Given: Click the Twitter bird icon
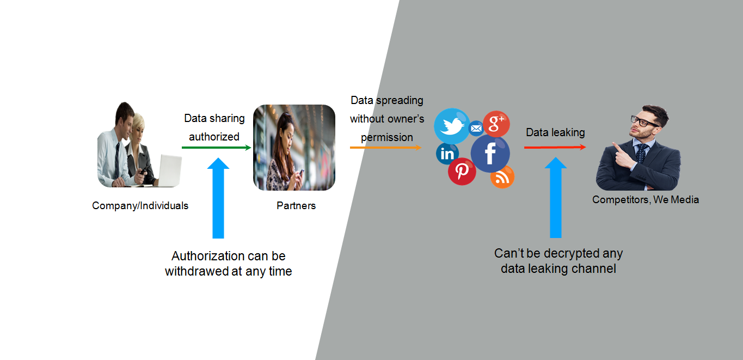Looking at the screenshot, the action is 452,126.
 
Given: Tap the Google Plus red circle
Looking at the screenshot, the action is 496,124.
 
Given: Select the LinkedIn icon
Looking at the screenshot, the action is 447,154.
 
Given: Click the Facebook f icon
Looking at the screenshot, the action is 490,154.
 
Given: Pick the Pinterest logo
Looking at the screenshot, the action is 462,171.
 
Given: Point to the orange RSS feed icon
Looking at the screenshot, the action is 502,177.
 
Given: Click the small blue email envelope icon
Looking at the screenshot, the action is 476,129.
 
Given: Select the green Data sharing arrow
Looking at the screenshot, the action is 216,147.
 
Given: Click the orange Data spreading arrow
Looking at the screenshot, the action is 385,147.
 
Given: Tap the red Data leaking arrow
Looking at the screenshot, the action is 555,147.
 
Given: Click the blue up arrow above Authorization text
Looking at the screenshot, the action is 218,198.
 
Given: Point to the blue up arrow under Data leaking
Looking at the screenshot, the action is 556,197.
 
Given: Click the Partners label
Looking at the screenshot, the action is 296,206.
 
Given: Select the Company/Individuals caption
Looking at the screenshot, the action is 140,206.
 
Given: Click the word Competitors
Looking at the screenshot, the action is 621,200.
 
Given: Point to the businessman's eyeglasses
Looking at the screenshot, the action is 644,121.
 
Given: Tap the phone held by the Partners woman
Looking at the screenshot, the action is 301,173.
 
